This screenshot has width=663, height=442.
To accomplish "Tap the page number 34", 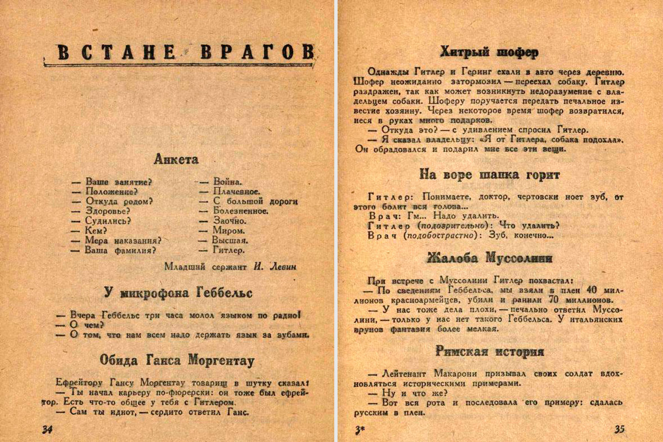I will [47, 429].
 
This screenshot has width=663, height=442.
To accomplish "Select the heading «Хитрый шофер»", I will [490, 52].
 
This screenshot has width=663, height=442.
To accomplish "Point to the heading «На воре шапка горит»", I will [490, 175].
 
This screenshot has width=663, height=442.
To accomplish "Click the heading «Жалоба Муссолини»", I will [490, 258].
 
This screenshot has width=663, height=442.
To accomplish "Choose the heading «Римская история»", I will [490, 351].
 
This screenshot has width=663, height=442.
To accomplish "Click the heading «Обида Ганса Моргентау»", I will [177, 361].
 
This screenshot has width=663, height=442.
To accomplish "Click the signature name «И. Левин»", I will [275, 266].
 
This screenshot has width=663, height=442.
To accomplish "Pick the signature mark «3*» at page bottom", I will [359, 429].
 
